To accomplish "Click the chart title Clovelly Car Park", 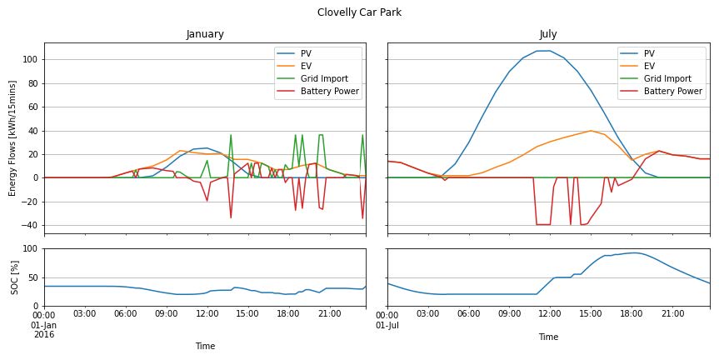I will [x=359, y=12].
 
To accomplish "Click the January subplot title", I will [x=204, y=34].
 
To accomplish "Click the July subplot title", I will [x=548, y=34].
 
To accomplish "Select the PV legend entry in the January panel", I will [x=308, y=53].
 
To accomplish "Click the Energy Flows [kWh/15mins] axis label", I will [x=12, y=137].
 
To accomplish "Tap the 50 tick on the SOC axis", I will [x=34, y=277].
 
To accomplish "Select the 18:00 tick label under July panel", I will [x=632, y=314].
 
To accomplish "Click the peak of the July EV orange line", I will [x=591, y=131].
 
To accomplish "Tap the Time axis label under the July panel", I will [x=548, y=337].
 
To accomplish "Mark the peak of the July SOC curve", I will [x=633, y=252].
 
